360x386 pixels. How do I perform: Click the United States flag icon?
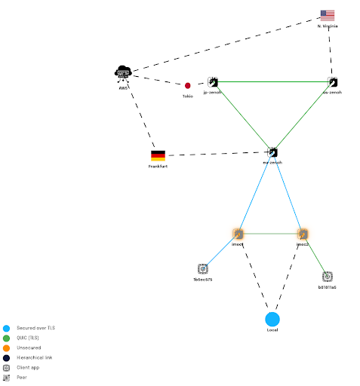[327, 15]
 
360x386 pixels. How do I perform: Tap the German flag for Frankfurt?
[158, 155]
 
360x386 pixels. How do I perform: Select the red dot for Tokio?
[188, 86]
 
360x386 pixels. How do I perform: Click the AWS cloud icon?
[122, 73]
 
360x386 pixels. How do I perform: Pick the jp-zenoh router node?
[213, 81]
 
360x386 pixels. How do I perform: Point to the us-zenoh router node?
[332, 81]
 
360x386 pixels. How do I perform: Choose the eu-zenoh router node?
[272, 152]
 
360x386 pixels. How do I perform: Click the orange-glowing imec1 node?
[238, 234]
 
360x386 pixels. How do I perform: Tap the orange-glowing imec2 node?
[303, 234]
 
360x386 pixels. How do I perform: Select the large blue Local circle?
[272, 319]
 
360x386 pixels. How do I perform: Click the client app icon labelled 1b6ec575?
[202, 268]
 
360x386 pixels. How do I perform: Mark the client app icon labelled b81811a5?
[327, 277]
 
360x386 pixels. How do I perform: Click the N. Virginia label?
[328, 26]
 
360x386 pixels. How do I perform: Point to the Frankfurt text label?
[158, 167]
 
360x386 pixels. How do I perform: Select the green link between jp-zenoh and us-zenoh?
[272, 81]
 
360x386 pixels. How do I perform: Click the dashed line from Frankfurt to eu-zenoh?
[215, 154]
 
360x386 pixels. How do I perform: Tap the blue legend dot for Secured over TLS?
[6, 329]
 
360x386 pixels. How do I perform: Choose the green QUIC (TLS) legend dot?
[6, 339]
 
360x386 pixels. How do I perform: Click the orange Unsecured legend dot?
[6, 348]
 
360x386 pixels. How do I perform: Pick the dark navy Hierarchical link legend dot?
[6, 358]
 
